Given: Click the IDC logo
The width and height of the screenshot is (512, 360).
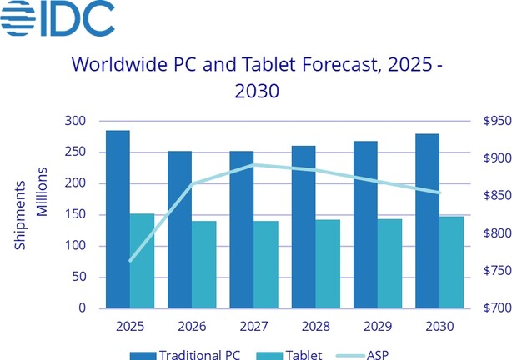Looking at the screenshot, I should coord(58,21).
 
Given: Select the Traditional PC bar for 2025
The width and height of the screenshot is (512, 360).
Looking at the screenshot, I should coord(118,219).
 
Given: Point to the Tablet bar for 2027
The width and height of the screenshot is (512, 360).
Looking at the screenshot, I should coord(265,264).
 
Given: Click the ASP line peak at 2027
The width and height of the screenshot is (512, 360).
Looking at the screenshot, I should coord(253,164).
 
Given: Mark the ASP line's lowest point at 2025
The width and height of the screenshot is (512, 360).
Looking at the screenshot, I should coord(130,261).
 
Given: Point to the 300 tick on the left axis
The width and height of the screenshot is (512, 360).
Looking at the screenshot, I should coord(76,122).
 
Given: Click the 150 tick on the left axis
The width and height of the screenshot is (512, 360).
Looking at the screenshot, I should coord(76,215).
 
